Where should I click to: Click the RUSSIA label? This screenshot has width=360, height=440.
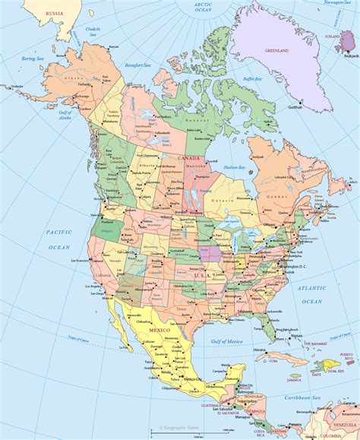(x=54, y=13)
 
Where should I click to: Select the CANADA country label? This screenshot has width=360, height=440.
(x=188, y=158)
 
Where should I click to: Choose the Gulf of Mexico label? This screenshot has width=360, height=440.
(x=226, y=343)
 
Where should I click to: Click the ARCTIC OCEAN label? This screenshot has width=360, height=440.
(x=203, y=8)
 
